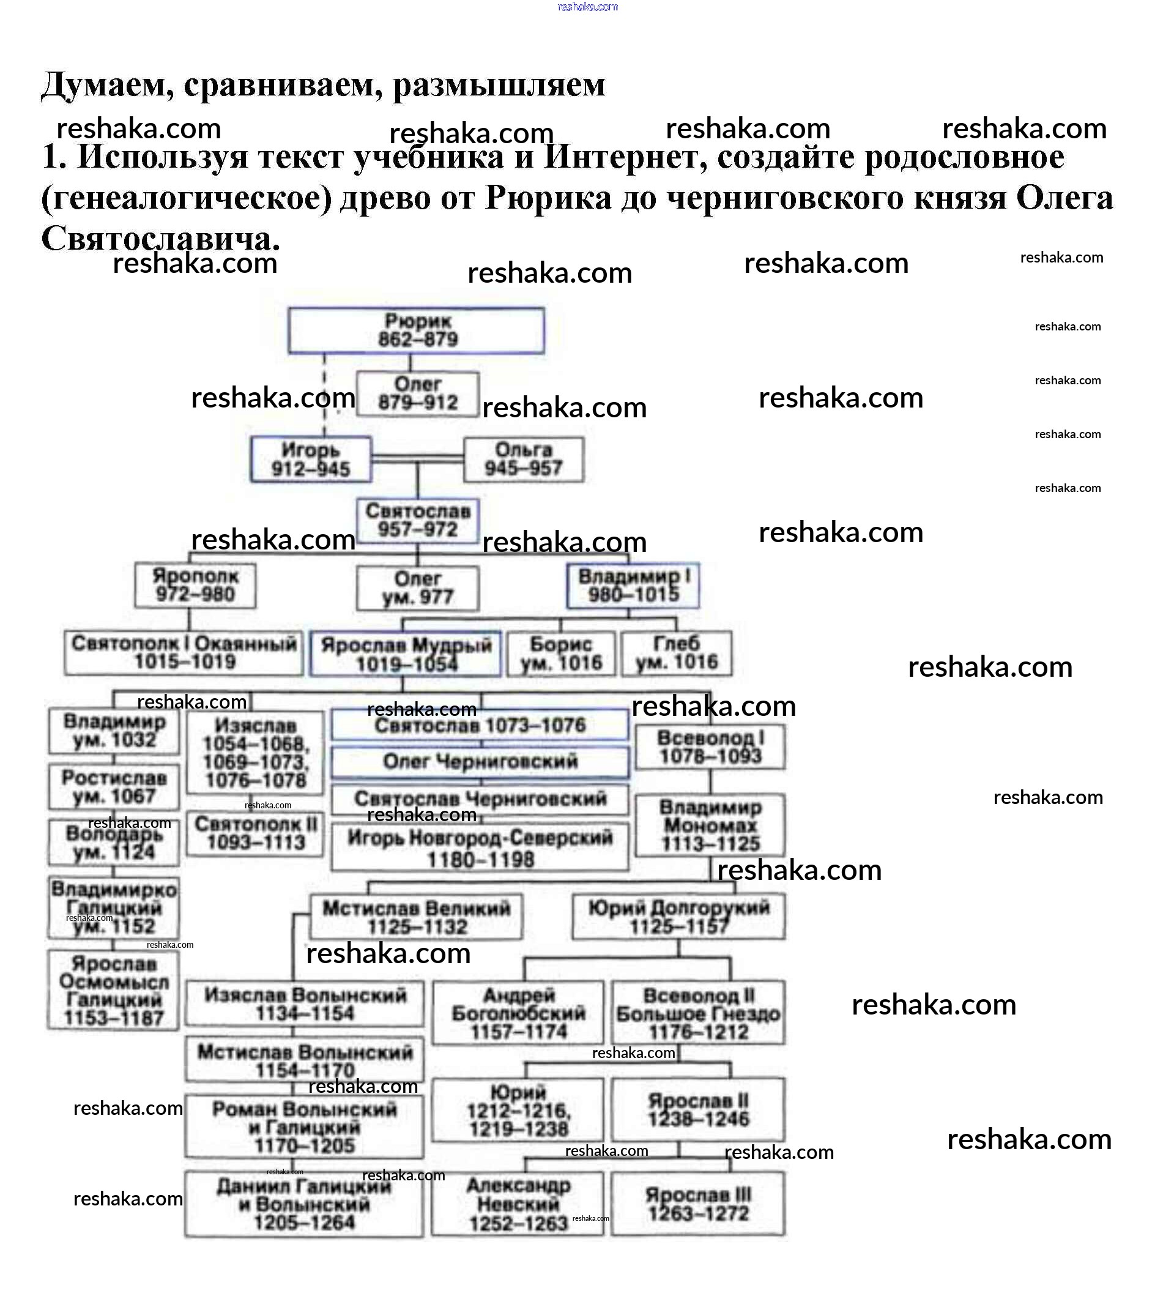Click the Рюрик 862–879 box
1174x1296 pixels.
[416, 330]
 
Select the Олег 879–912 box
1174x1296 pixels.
[417, 393]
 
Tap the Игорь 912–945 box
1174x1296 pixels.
[310, 459]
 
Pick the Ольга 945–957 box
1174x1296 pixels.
[523, 459]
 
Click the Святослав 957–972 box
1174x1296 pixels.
[418, 521]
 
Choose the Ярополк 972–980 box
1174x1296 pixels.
[195, 585]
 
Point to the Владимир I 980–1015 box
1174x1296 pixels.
[633, 585]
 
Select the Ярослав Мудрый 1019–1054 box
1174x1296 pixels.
[406, 654]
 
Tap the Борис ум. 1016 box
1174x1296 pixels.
[561, 654]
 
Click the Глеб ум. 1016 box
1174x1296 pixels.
[676, 654]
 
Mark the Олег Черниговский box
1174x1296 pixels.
[480, 762]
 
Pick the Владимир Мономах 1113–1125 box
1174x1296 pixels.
[710, 825]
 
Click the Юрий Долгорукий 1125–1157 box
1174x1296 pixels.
[678, 917]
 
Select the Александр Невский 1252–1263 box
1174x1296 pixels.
[518, 1204]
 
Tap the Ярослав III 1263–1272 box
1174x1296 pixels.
[698, 1204]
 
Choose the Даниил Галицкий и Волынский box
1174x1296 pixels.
[304, 1204]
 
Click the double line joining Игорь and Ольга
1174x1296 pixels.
[417, 459]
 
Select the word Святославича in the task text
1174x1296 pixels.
[161, 239]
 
